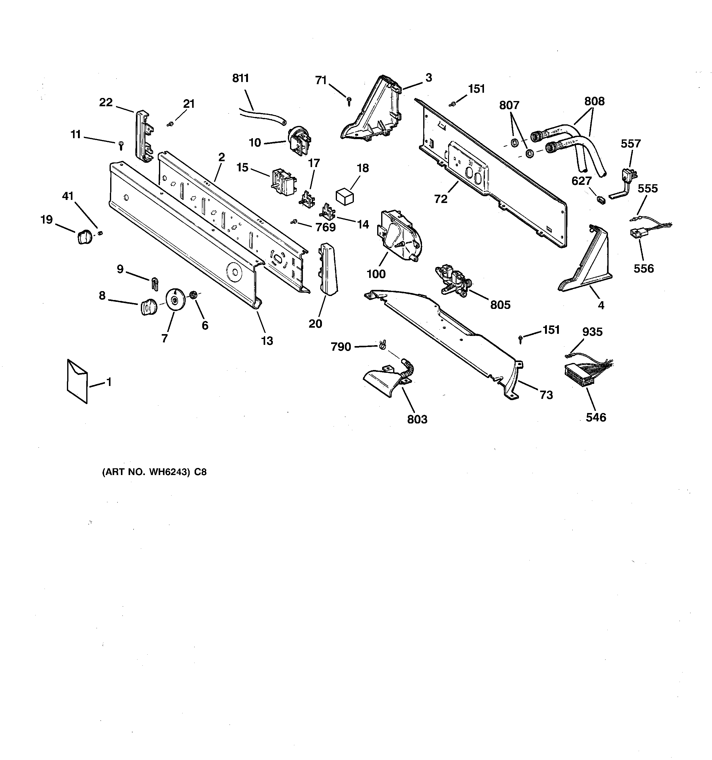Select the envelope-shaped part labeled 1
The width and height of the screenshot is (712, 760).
click(77, 381)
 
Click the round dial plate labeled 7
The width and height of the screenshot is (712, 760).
click(175, 301)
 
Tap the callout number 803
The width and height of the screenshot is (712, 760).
click(417, 419)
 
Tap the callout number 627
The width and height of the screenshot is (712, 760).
click(581, 181)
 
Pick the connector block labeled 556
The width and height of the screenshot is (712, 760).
click(637, 234)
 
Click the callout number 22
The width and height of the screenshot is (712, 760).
click(106, 103)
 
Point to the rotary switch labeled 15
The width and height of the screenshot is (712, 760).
click(283, 183)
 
